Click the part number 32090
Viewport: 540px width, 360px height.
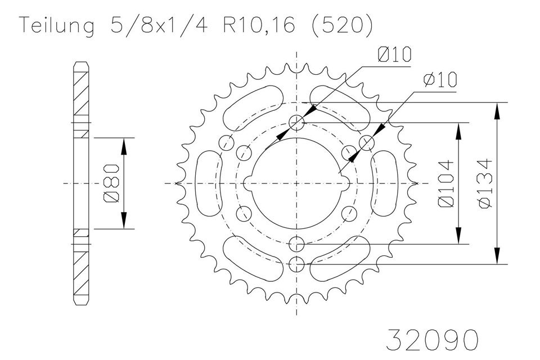coord(432,340)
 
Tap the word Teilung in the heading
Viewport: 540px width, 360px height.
coord(57,26)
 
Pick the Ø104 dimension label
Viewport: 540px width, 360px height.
coord(446,183)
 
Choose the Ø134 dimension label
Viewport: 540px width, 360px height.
coord(485,183)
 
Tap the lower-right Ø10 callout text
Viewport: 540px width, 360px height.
coord(440,79)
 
